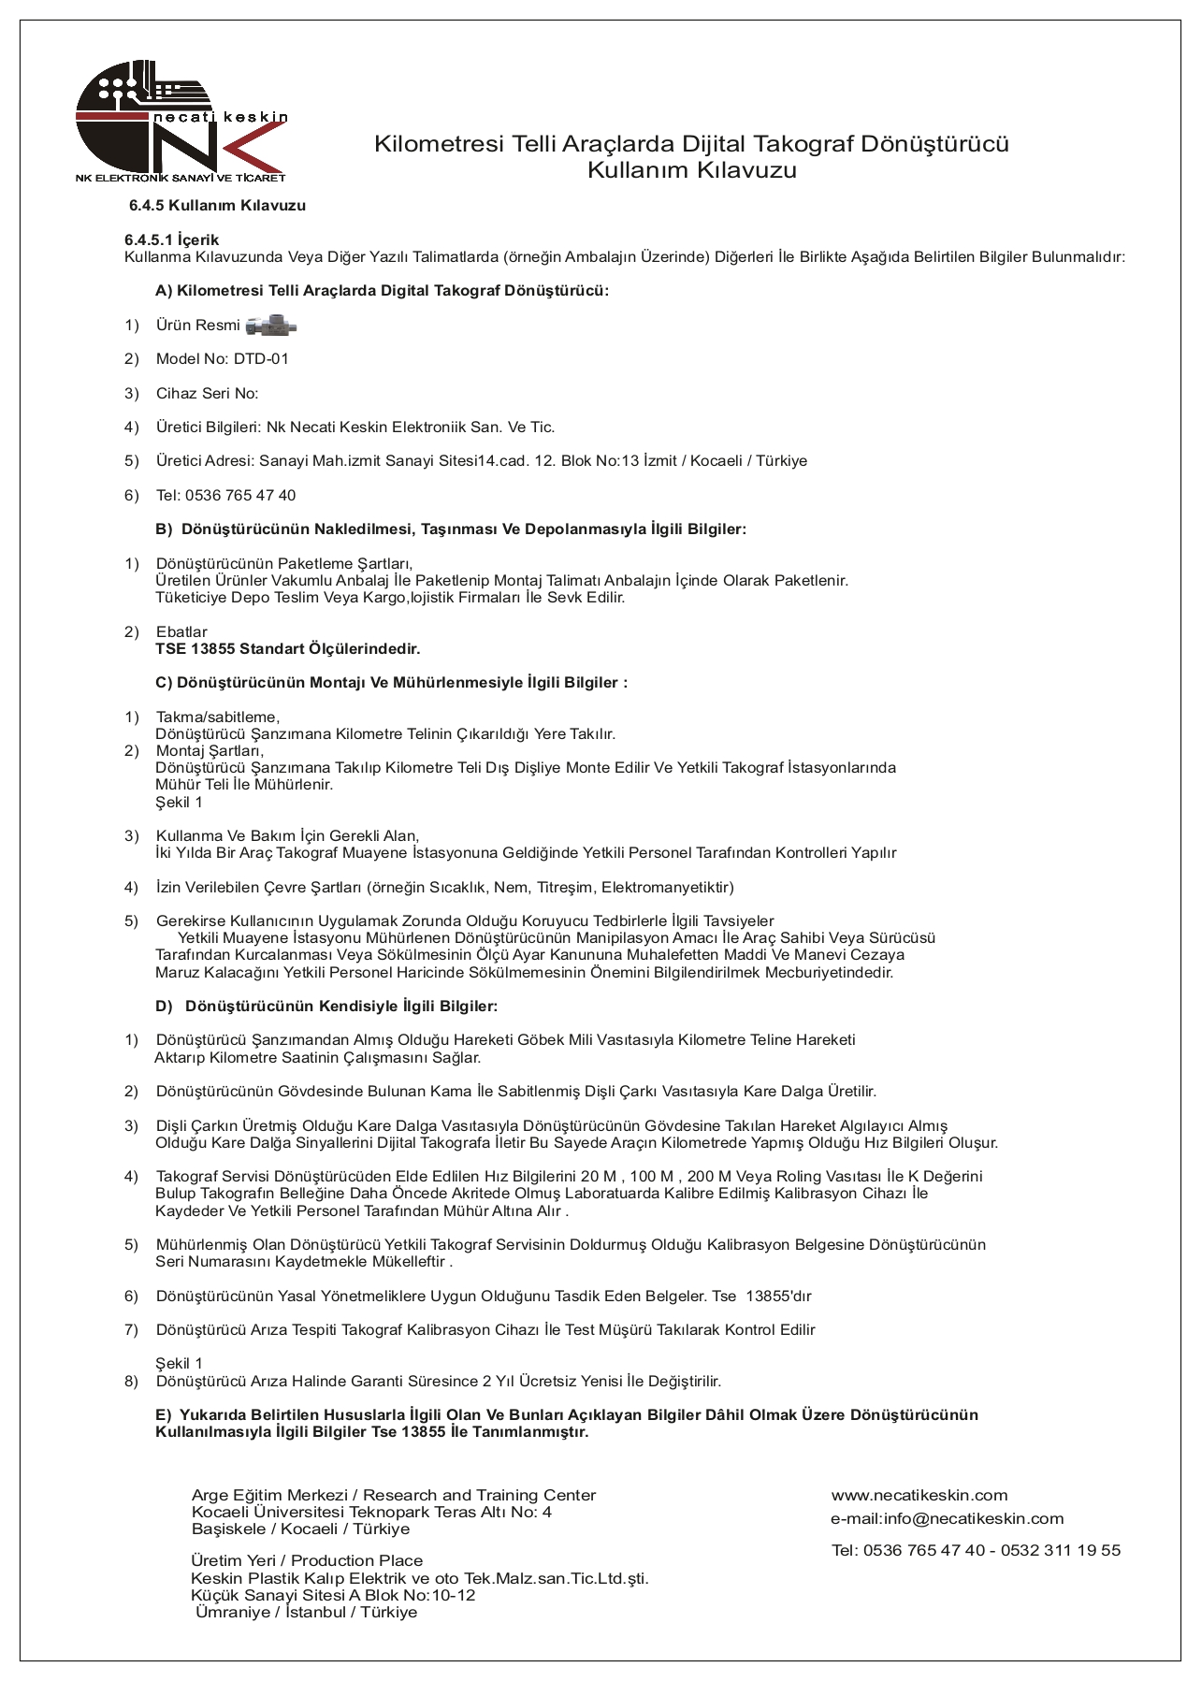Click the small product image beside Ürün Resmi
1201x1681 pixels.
coord(271,326)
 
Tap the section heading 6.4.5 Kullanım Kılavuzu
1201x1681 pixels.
coord(217,206)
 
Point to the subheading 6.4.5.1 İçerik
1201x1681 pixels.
coord(172,239)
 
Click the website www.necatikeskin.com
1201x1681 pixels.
coord(919,1495)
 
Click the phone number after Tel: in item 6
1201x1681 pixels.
coord(240,496)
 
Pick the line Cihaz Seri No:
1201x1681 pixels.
coord(207,394)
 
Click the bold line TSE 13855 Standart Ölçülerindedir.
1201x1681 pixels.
coord(288,649)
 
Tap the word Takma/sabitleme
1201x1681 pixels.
coord(217,717)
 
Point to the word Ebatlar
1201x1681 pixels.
coord(181,632)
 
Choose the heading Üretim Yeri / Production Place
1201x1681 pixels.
coord(307,1560)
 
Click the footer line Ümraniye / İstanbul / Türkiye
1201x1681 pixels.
coord(307,1612)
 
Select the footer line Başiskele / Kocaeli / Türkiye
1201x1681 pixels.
coord(300,1529)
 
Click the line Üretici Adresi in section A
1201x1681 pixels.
coord(481,461)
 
